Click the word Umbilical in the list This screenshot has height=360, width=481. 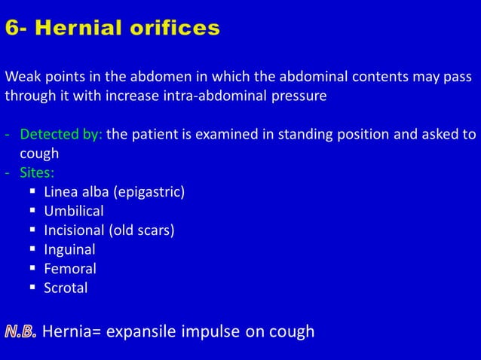(x=74, y=211)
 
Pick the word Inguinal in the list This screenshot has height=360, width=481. (x=69, y=249)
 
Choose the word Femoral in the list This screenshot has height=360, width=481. (x=70, y=269)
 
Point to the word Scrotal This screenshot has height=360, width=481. (x=66, y=288)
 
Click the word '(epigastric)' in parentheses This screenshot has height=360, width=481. (x=149, y=192)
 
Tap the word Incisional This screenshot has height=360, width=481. (x=76, y=230)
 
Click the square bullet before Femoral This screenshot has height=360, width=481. (x=32, y=269)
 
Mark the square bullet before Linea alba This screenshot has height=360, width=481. (x=32, y=192)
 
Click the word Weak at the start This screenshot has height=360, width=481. (x=20, y=78)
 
